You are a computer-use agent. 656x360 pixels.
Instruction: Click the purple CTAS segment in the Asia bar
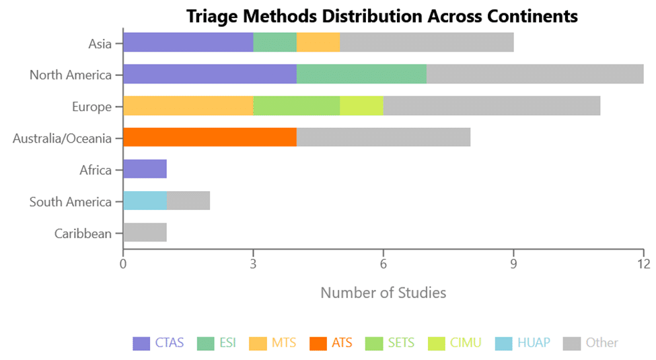[188, 42]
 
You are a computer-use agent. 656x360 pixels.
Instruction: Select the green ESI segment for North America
[361, 74]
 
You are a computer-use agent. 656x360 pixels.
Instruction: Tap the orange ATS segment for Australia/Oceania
[209, 137]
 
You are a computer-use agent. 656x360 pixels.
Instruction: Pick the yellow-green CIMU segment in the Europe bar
[361, 106]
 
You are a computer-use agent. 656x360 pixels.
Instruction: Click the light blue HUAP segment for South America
[145, 201]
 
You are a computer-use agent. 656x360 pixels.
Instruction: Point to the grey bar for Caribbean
[145, 232]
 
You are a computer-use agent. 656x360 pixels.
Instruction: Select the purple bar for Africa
[145, 169]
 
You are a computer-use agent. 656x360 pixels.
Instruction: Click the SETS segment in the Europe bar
[296, 106]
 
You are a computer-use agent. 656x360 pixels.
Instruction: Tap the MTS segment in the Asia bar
[318, 42]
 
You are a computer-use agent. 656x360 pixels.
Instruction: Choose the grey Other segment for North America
[535, 74]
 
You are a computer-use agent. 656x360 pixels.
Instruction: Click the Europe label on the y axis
[92, 106]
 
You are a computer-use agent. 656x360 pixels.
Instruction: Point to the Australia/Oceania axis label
[62, 139]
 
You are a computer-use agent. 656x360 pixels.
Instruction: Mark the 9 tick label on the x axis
[513, 264]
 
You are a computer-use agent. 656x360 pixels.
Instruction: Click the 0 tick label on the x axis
[123, 264]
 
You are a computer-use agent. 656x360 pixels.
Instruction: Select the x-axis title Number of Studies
[383, 293]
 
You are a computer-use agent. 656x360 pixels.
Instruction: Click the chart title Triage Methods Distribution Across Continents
[381, 15]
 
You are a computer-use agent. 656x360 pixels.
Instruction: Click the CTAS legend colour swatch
[141, 343]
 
